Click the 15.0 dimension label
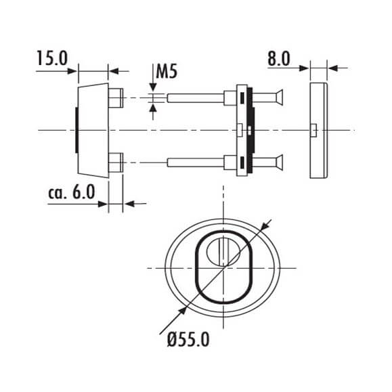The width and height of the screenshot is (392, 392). pyautogui.click(x=52, y=58)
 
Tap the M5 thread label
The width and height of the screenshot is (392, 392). pyautogui.click(x=167, y=71)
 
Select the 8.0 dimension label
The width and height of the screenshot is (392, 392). pyautogui.click(x=279, y=59)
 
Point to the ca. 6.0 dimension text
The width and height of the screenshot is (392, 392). pyautogui.click(x=72, y=192)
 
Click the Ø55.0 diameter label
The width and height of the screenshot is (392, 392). pyautogui.click(x=188, y=340)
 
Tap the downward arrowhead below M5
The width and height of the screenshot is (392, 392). pyautogui.click(x=153, y=87)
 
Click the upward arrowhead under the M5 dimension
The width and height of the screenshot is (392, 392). pyautogui.click(x=153, y=108)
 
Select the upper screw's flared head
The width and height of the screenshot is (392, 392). pyautogui.click(x=279, y=97)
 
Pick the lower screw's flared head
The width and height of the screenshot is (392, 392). pyautogui.click(x=279, y=162)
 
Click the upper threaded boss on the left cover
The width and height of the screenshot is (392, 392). pyautogui.click(x=116, y=98)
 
